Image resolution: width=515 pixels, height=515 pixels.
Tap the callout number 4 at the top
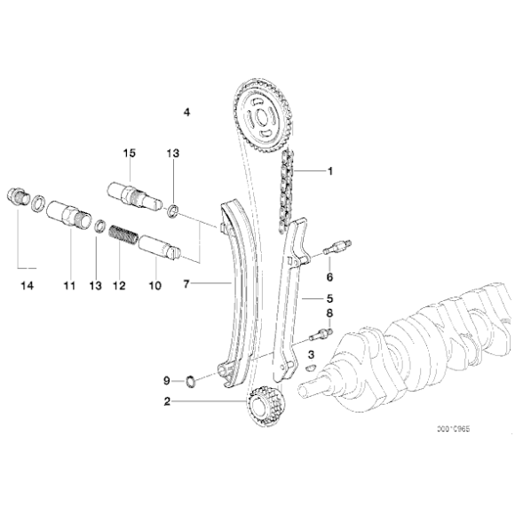pos(186,112)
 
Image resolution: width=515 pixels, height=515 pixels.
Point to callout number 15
pos(129,154)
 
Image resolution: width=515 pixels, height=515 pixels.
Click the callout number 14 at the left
pos(26,285)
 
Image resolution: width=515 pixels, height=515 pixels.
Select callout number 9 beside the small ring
pos(165,381)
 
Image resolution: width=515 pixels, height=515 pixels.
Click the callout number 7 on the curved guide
pos(186,285)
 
